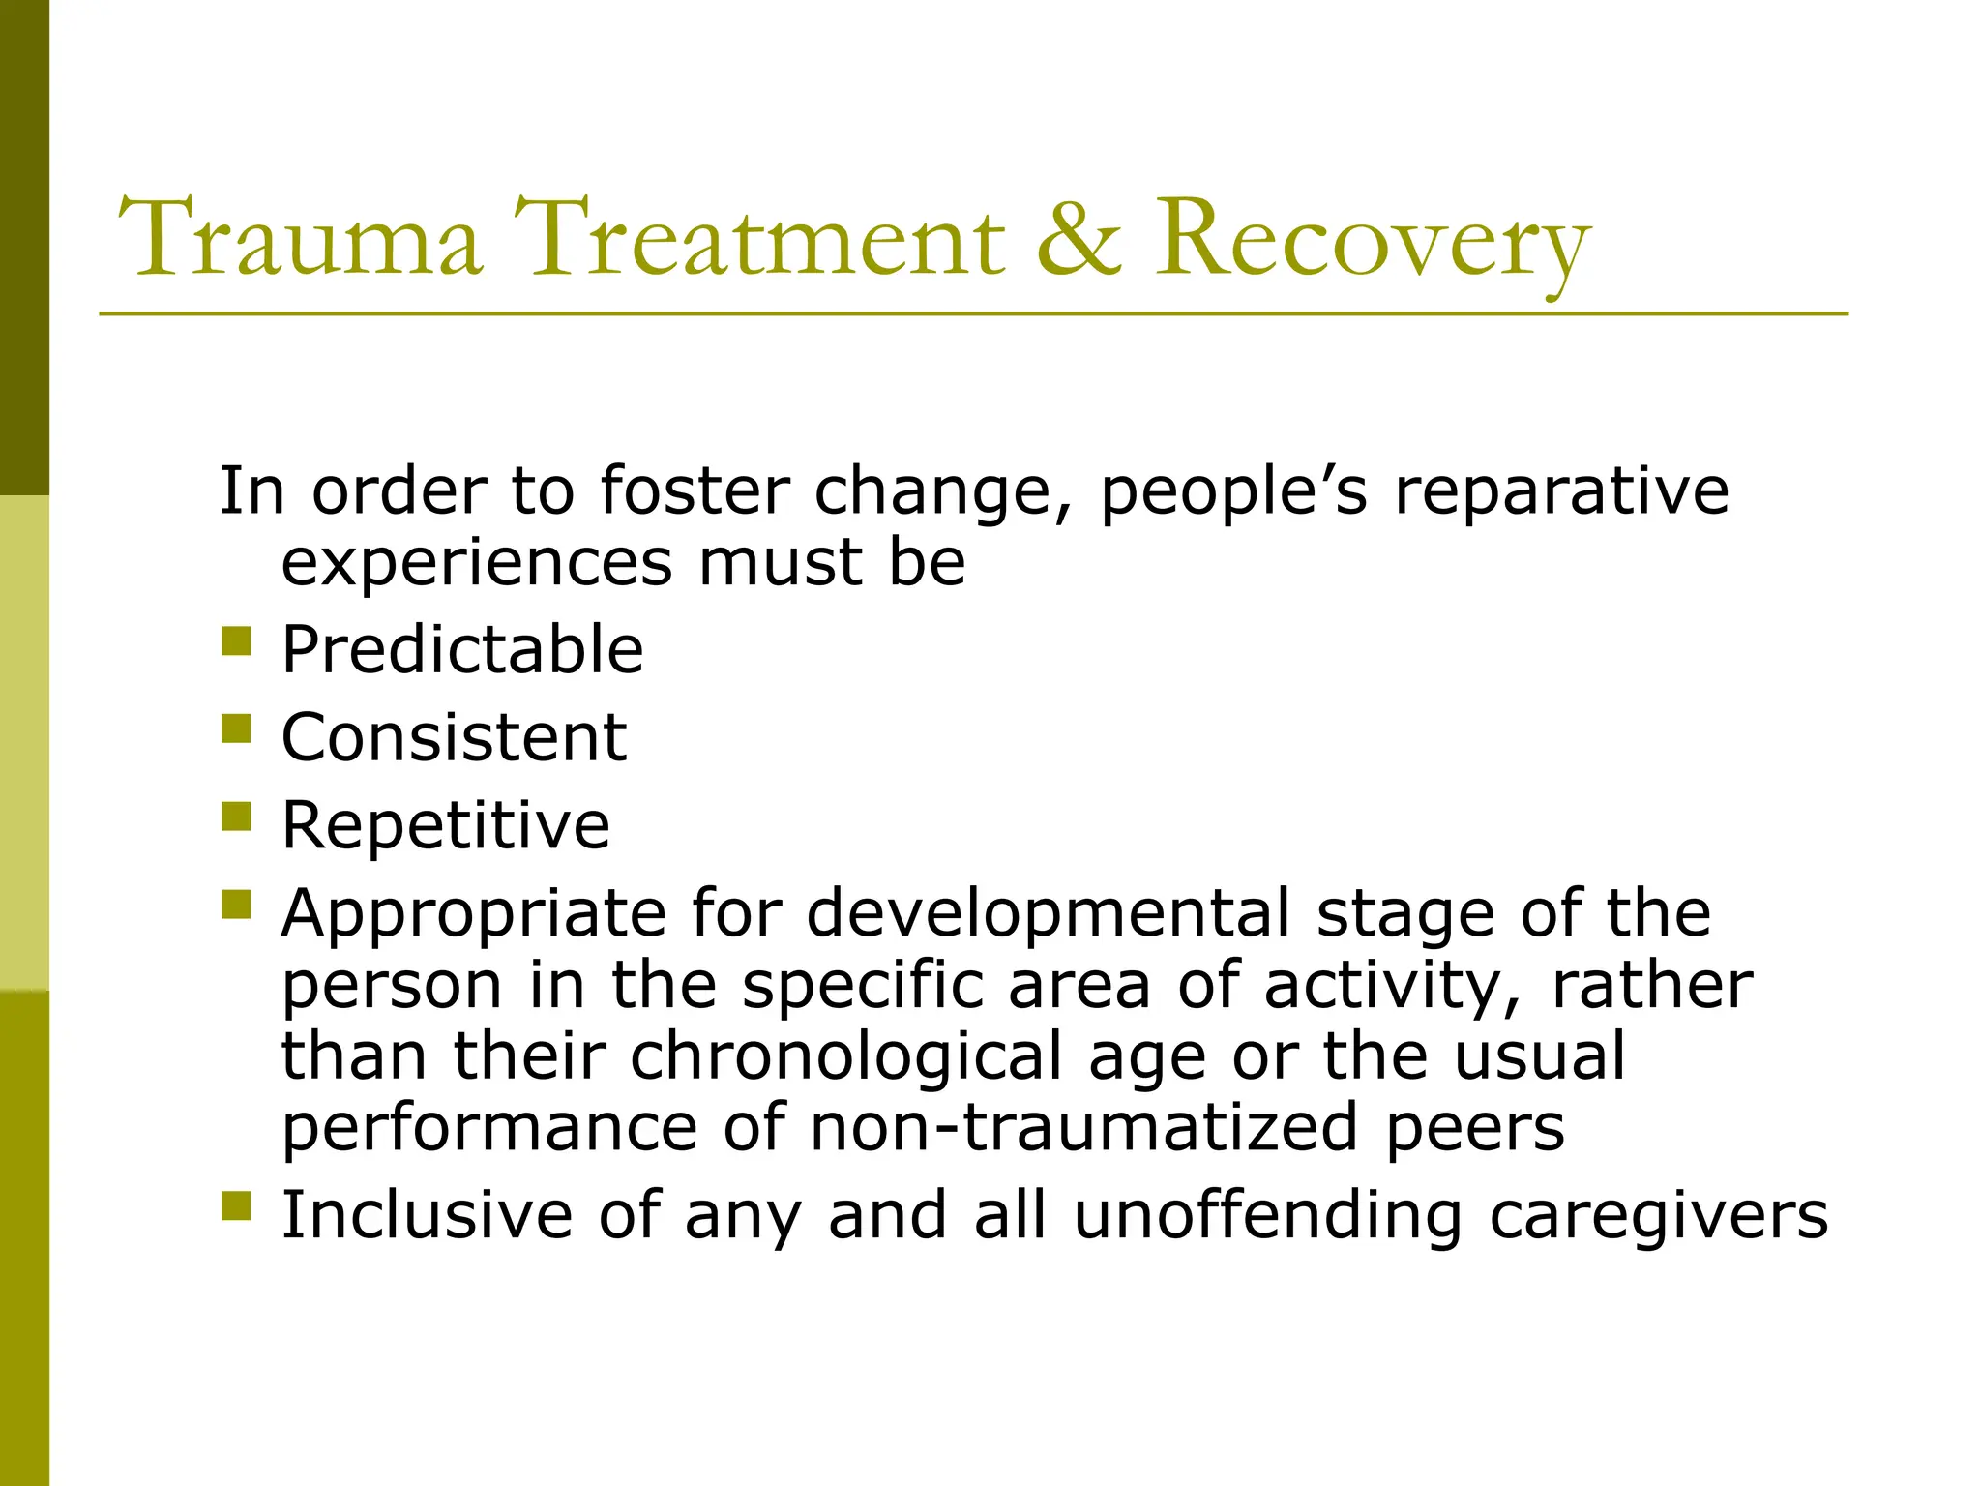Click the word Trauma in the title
pyautogui.click(x=300, y=239)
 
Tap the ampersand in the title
pyautogui.click(x=1079, y=239)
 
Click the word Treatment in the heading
pyautogui.click(x=758, y=239)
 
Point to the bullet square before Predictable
pyautogui.click(x=236, y=641)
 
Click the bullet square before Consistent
pyautogui.click(x=236, y=728)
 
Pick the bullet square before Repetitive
pyautogui.click(x=236, y=817)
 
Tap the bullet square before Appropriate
pyautogui.click(x=236, y=905)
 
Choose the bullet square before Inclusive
pyautogui.click(x=236, y=1206)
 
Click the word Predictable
pyautogui.click(x=462, y=649)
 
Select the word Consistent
pyautogui.click(x=454, y=737)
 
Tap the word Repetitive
pyautogui.click(x=446, y=825)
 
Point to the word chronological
pyautogui.click(x=846, y=1055)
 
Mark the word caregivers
pyautogui.click(x=1658, y=1217)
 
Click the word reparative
pyautogui.click(x=1561, y=492)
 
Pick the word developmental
pyautogui.click(x=1049, y=914)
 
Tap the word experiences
pyautogui.click(x=477, y=564)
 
